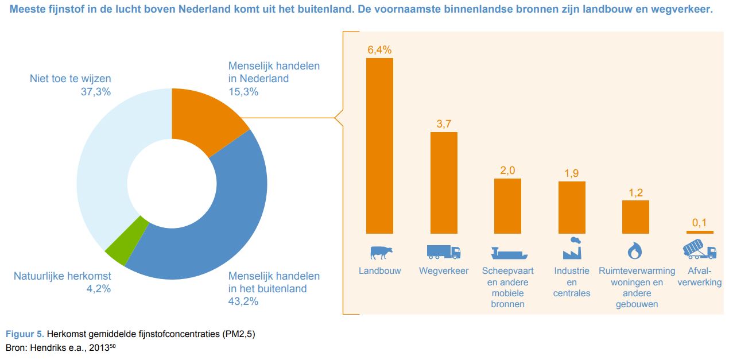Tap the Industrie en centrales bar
572,207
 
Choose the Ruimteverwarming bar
635,216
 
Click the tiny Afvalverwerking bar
700,232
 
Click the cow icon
381,251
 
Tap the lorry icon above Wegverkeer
444,251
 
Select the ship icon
508,252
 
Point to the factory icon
572,249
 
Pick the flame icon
635,251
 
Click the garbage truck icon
699,250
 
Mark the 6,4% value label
379,50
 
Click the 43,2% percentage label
243,301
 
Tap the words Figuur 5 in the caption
24,334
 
